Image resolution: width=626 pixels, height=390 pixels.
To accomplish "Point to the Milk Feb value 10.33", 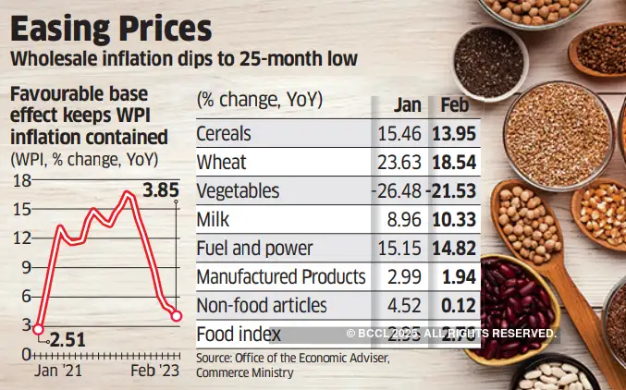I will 455,220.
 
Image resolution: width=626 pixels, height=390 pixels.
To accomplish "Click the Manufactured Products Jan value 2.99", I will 405,276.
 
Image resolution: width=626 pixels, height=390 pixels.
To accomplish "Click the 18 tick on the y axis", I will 18,181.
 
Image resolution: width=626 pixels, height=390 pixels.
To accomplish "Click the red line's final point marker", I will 175,316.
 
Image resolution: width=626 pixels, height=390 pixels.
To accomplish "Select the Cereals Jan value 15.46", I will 403,135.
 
